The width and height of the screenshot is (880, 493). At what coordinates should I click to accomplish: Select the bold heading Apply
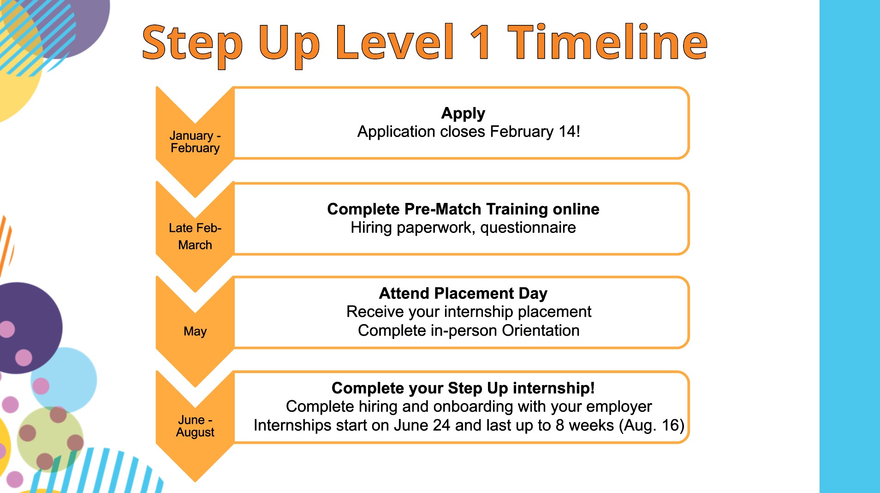coord(463,113)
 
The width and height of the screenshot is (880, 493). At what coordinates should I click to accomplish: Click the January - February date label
coord(195,142)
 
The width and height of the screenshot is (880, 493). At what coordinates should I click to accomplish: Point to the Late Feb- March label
coord(195,236)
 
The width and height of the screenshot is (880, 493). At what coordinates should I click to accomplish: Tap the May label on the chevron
coord(195,331)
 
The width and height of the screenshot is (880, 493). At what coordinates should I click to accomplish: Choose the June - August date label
coord(195,426)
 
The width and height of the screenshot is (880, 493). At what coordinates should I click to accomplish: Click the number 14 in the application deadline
coord(567,131)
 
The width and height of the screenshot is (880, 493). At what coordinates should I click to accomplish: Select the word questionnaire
coord(528,228)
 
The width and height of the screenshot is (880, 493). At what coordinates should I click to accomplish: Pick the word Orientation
coord(541,330)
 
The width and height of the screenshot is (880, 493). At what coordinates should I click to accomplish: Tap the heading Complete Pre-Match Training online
coord(463,209)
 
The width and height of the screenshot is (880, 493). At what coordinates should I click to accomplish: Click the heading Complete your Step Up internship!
coord(463,388)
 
